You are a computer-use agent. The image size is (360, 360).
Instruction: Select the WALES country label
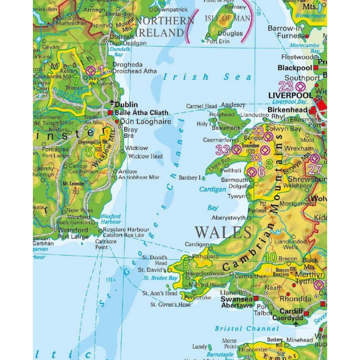pyautogui.click(x=223, y=233)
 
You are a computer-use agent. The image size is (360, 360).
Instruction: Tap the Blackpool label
pyautogui.click(x=295, y=67)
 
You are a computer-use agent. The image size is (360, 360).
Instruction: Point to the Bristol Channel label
pyautogui.click(x=247, y=328)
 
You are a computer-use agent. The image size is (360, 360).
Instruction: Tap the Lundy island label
pyautogui.click(x=199, y=347)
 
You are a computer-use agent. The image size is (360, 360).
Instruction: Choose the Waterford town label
pyautogui.click(x=73, y=229)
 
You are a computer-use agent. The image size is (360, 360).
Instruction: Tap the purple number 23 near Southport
pyautogui.click(x=285, y=86)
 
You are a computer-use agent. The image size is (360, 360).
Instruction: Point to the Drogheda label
pyautogui.click(x=127, y=64)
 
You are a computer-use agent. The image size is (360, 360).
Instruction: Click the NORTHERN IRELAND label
pyautogui.click(x=164, y=27)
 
